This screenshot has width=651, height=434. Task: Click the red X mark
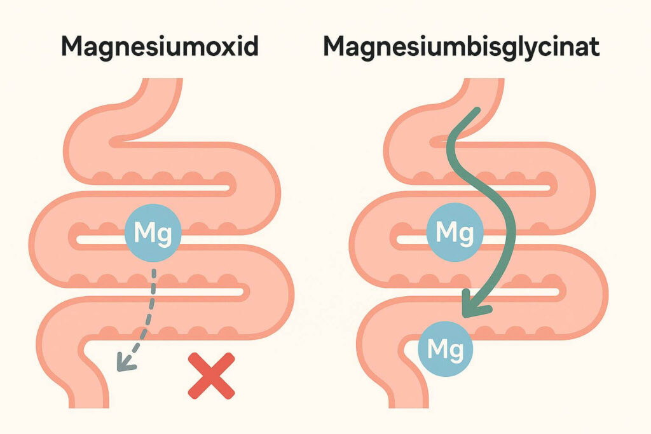pyautogui.click(x=211, y=376)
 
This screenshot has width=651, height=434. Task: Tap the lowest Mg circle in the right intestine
pyautogui.click(x=445, y=348)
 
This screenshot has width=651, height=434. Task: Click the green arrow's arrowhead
pyautogui.click(x=475, y=306)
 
